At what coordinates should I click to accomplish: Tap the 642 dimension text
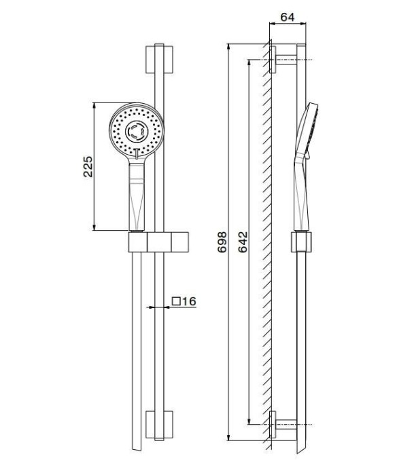(243, 243)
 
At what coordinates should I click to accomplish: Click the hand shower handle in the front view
(136, 197)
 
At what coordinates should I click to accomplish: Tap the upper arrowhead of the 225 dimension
(95, 105)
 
